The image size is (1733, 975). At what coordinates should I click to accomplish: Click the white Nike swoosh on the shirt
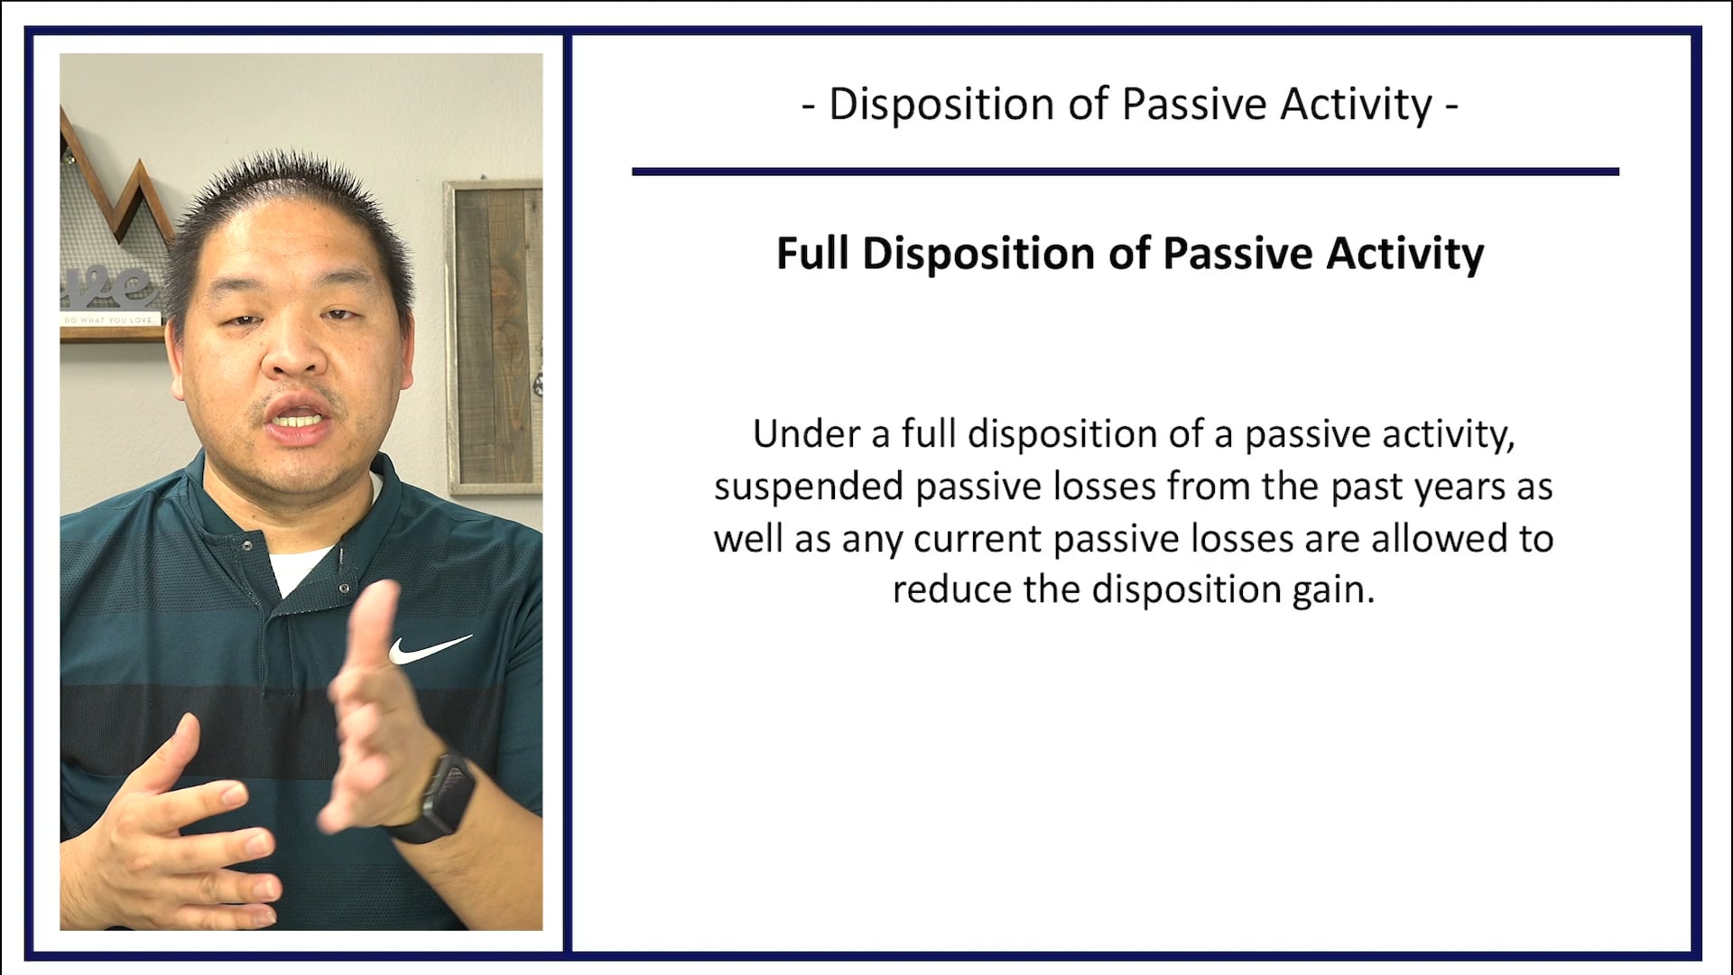[429, 647]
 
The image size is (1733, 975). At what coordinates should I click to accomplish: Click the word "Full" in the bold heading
[812, 254]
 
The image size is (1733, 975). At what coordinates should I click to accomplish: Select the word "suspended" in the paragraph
[809, 487]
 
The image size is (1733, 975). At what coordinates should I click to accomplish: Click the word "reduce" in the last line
[951, 590]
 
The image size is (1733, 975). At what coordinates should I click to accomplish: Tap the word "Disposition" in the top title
[941, 105]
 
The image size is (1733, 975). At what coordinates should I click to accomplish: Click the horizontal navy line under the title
[1125, 171]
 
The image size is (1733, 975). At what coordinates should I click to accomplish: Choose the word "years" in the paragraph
[1460, 487]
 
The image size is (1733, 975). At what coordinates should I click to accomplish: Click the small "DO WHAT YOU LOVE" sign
[109, 320]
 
